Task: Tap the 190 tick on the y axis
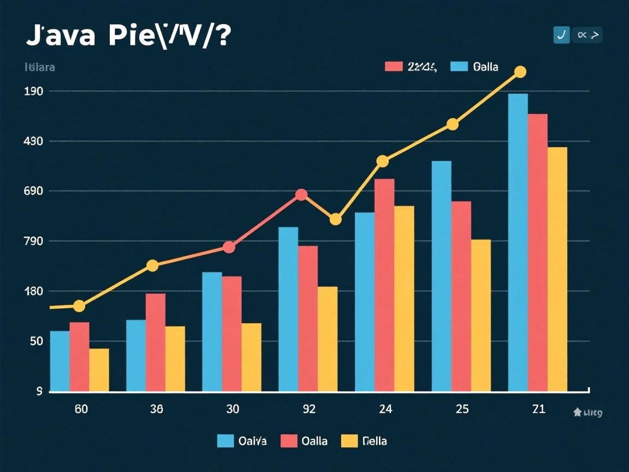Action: click(x=34, y=91)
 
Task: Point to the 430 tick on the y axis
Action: click(x=34, y=141)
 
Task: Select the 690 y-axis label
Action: click(x=34, y=191)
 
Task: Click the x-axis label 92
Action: click(x=308, y=409)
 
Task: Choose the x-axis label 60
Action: click(x=81, y=409)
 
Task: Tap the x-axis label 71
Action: click(x=538, y=409)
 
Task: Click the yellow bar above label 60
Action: click(x=99, y=370)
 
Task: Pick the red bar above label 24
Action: click(x=384, y=285)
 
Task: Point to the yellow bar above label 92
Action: click(x=328, y=339)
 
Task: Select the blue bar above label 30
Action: click(x=212, y=331)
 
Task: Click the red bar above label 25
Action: click(x=461, y=296)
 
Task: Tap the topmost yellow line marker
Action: click(x=520, y=72)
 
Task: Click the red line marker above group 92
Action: click(x=301, y=195)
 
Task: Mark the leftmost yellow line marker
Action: click(x=79, y=306)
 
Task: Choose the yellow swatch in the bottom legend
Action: click(x=349, y=441)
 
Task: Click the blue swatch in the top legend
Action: click(x=459, y=67)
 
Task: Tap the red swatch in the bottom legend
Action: click(x=288, y=441)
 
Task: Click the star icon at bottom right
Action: click(x=577, y=413)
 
